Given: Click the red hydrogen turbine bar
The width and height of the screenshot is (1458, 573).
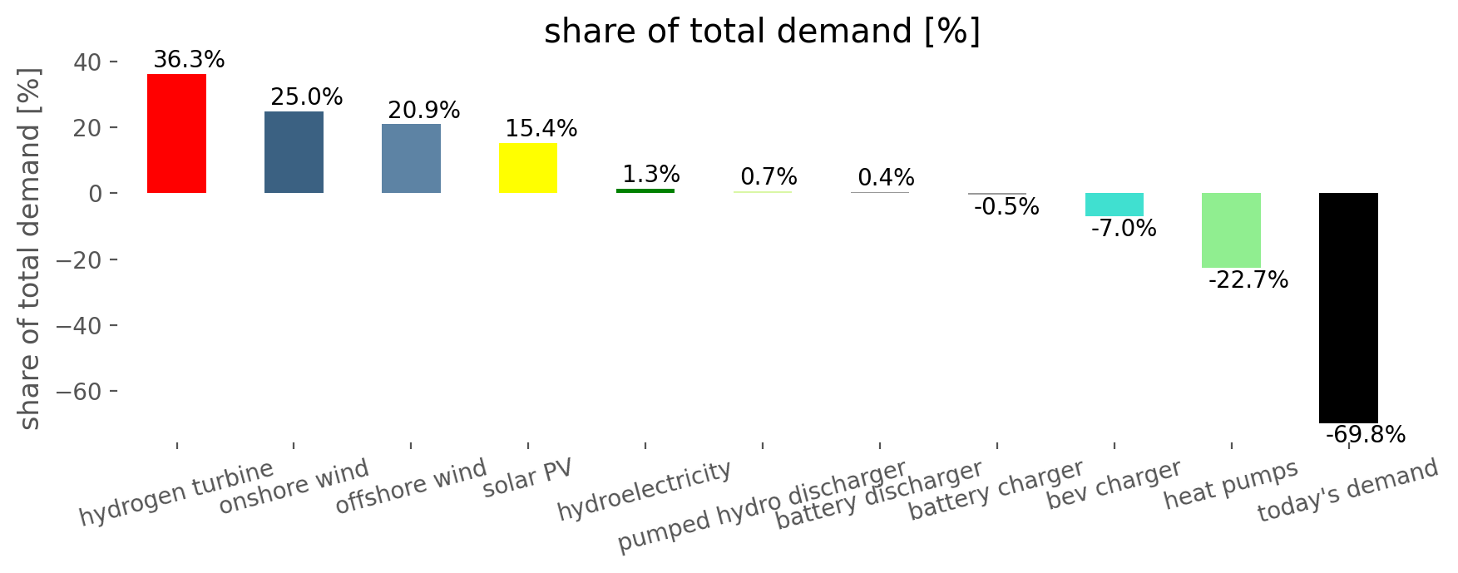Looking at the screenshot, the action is (x=176, y=133).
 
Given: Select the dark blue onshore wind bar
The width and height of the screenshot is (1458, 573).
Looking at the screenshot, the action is (x=294, y=152).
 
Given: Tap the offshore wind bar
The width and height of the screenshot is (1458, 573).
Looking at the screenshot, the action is (x=411, y=159).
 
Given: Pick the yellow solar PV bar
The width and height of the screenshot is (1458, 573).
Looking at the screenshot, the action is (x=528, y=168).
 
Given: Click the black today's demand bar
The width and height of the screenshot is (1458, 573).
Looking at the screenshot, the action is (x=1348, y=308).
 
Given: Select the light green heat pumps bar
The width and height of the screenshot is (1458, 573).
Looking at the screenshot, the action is (x=1231, y=230).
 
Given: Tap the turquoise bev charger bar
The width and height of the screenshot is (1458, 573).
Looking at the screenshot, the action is (x=1114, y=205).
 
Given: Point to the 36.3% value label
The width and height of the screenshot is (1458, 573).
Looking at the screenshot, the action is (x=189, y=60).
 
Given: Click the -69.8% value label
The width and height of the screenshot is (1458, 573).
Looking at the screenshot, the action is (x=1365, y=435).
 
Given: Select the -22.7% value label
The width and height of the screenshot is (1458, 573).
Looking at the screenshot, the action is (x=1248, y=280).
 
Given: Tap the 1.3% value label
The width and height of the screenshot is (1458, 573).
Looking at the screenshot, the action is (x=651, y=175).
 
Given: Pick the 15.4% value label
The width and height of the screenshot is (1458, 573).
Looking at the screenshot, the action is (x=541, y=129).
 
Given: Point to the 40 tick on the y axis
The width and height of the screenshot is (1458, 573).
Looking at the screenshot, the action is (x=90, y=62).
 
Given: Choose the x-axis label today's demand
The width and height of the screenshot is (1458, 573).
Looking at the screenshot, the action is (x=1347, y=491).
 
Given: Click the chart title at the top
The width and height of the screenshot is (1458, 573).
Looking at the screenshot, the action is (x=762, y=32).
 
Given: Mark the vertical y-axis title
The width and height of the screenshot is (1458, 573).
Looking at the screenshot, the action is (x=30, y=249).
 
